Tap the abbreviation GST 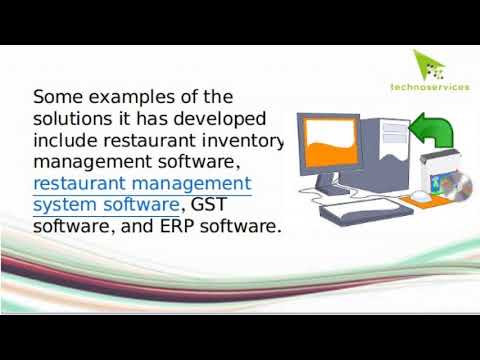pos(209,205)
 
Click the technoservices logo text pos(430,87)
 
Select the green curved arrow pos(434,129)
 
